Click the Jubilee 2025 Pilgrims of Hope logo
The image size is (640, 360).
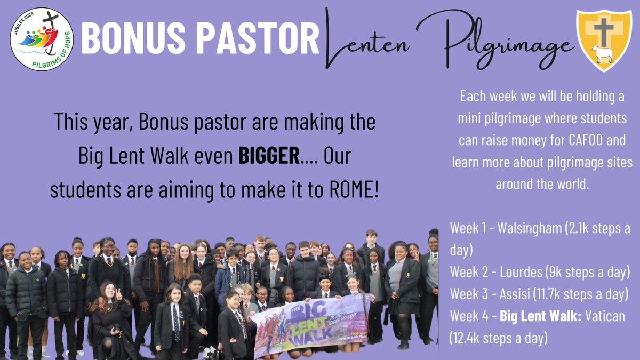[x=42, y=39]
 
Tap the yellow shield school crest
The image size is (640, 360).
[x=604, y=40]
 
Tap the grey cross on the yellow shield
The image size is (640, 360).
[x=604, y=30]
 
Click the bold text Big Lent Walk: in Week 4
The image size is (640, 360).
[x=535, y=316]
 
